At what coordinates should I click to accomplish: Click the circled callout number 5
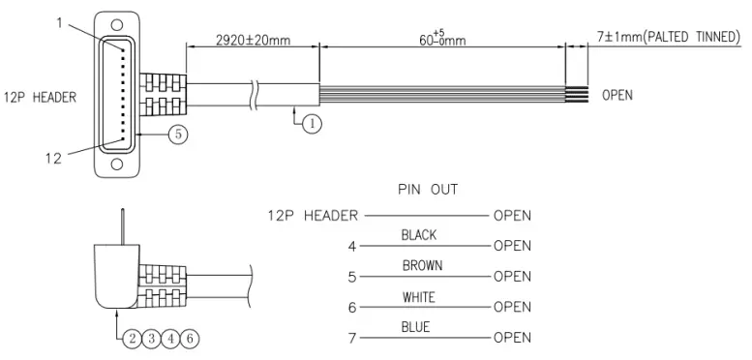(177, 135)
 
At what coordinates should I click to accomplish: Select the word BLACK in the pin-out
(418, 235)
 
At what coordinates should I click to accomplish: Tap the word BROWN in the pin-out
(418, 265)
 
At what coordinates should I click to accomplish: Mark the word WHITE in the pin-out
(418, 297)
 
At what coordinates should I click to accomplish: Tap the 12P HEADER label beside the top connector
(43, 96)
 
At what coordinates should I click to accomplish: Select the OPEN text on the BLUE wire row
(512, 339)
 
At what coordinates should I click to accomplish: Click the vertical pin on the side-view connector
(121, 225)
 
